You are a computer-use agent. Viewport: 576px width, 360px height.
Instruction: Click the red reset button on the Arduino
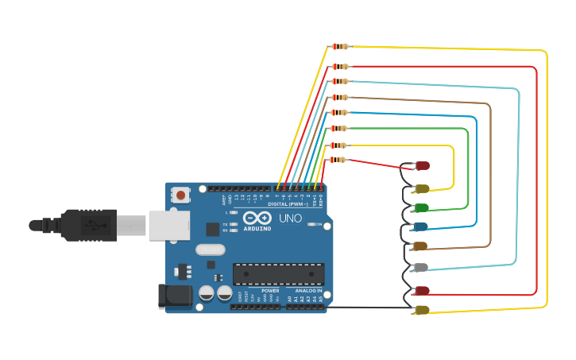(x=181, y=195)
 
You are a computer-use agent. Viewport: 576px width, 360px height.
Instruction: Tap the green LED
(x=421, y=208)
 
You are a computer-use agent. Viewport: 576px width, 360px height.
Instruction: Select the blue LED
(x=421, y=227)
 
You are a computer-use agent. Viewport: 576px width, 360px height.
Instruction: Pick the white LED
(x=421, y=268)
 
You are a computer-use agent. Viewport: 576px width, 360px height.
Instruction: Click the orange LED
(x=420, y=246)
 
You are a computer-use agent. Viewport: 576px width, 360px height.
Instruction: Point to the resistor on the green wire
(x=339, y=128)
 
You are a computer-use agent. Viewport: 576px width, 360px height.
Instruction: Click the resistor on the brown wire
(x=339, y=97)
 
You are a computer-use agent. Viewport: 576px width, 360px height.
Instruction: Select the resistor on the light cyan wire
(x=339, y=81)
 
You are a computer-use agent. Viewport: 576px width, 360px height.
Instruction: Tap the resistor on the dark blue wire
(x=339, y=113)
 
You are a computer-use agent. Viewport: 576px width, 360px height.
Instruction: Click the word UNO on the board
(x=290, y=218)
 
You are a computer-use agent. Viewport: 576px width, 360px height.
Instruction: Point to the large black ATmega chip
(x=278, y=274)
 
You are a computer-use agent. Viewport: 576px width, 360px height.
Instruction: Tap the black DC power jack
(x=175, y=296)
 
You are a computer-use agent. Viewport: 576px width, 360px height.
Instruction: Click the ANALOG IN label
(x=309, y=291)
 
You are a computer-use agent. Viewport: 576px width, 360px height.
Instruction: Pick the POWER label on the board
(x=270, y=291)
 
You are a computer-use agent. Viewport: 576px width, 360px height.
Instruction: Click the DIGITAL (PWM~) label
(x=289, y=204)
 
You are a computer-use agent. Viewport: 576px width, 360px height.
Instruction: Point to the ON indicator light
(x=312, y=224)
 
